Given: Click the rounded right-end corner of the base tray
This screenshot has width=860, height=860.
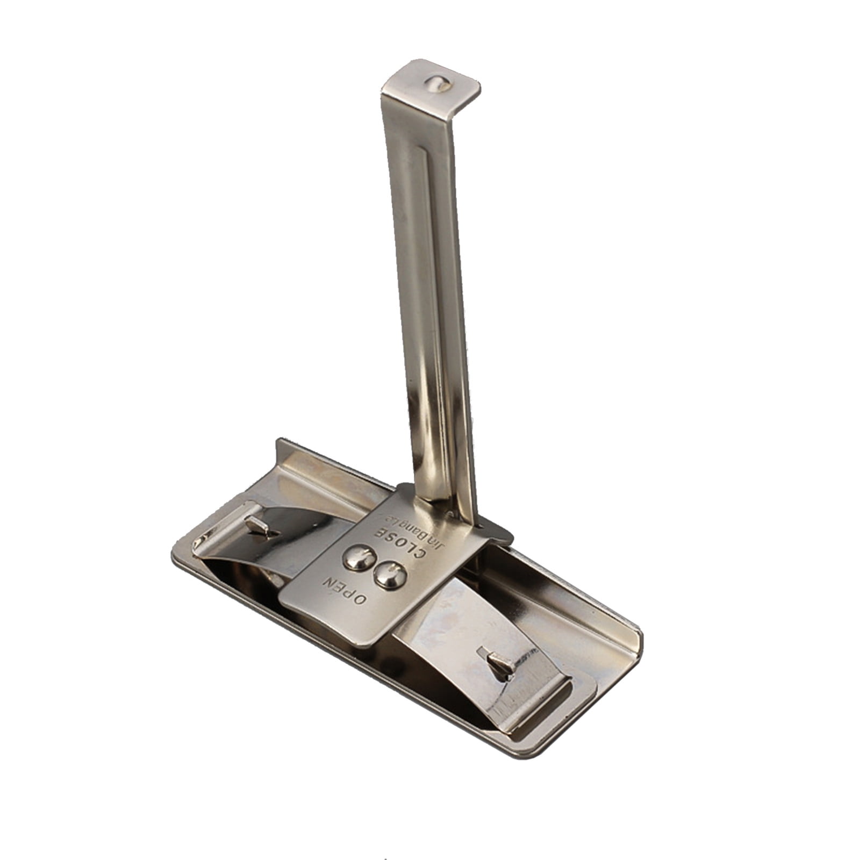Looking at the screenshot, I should (x=634, y=645).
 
